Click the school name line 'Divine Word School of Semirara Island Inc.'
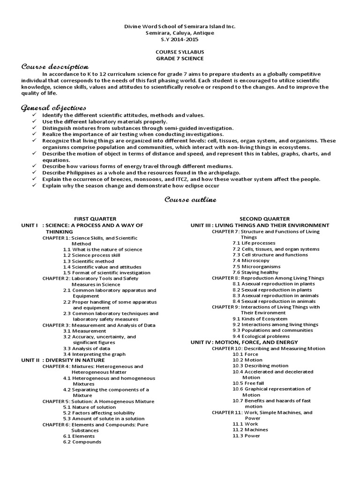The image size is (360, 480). click(180, 26)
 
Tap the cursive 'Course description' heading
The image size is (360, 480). click(55, 67)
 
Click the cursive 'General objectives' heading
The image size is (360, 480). click(53, 108)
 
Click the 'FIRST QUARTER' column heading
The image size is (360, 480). click(95, 219)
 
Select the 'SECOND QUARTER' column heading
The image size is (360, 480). click(264, 219)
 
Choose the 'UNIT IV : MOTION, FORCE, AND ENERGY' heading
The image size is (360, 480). click(244, 342)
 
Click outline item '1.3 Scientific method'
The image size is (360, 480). click(89, 261)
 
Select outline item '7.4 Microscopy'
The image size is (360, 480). click(251, 260)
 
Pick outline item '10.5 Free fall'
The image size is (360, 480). click(248, 383)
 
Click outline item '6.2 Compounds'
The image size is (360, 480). click(82, 442)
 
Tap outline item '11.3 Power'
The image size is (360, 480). click(246, 435)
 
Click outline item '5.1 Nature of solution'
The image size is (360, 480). click(90, 407)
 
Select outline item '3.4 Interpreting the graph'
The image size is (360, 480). click(93, 354)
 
